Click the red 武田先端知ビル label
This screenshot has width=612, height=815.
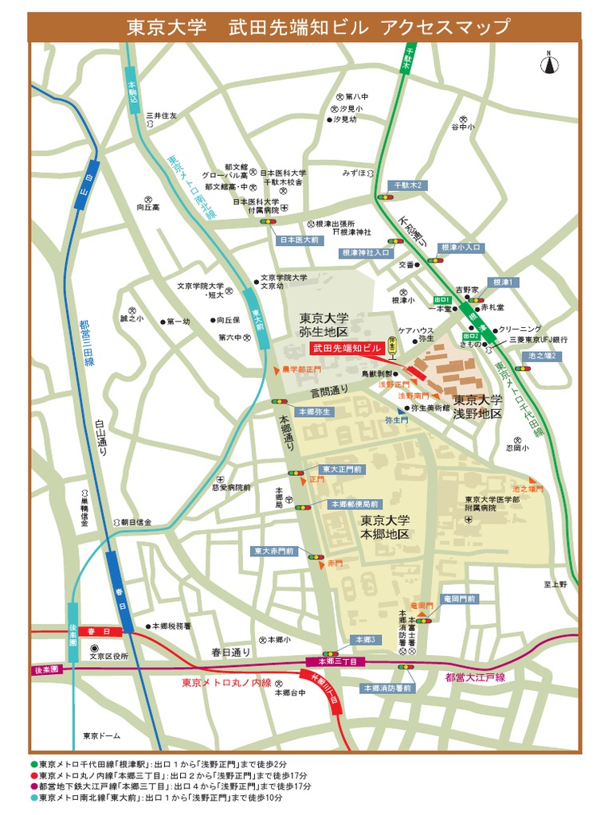point(347,349)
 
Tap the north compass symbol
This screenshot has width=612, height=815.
point(548,64)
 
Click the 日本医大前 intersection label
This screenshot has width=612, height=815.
point(298,239)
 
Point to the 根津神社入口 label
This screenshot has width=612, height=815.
point(365,252)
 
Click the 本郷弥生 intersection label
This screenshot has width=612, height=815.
point(314,412)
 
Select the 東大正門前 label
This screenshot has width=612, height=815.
point(341,470)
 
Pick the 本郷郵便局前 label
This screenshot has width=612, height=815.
point(355,504)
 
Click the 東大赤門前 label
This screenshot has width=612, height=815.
point(274,550)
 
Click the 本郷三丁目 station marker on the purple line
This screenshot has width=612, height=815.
point(341,661)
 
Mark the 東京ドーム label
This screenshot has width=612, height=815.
point(101,735)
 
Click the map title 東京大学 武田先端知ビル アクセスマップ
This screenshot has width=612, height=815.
point(318,27)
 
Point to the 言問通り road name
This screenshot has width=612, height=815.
point(329,390)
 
